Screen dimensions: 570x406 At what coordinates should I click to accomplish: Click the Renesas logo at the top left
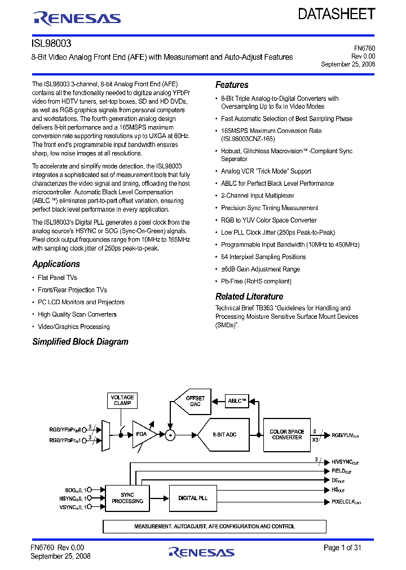click(77, 18)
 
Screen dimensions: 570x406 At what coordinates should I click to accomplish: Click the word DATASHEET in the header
click(336, 14)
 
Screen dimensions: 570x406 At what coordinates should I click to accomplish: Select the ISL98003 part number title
click(51, 43)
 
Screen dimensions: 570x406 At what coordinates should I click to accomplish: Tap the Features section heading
click(232, 85)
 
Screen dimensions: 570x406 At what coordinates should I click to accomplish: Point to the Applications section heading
click(56, 264)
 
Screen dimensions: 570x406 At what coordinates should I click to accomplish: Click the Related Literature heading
click(249, 297)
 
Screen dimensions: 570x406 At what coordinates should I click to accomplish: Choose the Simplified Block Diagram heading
click(80, 342)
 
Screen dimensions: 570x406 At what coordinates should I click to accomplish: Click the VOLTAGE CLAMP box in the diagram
click(122, 400)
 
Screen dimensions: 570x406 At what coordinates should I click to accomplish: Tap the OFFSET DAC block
click(193, 402)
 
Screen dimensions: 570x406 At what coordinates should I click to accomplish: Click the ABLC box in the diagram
click(237, 401)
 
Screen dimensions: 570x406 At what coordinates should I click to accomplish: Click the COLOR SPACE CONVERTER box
click(286, 435)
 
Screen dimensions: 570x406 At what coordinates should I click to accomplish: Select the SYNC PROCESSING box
click(127, 498)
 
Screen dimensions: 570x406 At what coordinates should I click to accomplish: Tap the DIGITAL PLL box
click(193, 498)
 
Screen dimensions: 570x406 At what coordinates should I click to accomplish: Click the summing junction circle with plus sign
click(170, 435)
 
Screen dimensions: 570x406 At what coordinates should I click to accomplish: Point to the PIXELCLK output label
click(346, 502)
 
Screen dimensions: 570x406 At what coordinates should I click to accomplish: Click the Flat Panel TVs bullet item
click(57, 278)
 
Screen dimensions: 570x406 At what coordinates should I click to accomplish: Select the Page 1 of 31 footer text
click(342, 547)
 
